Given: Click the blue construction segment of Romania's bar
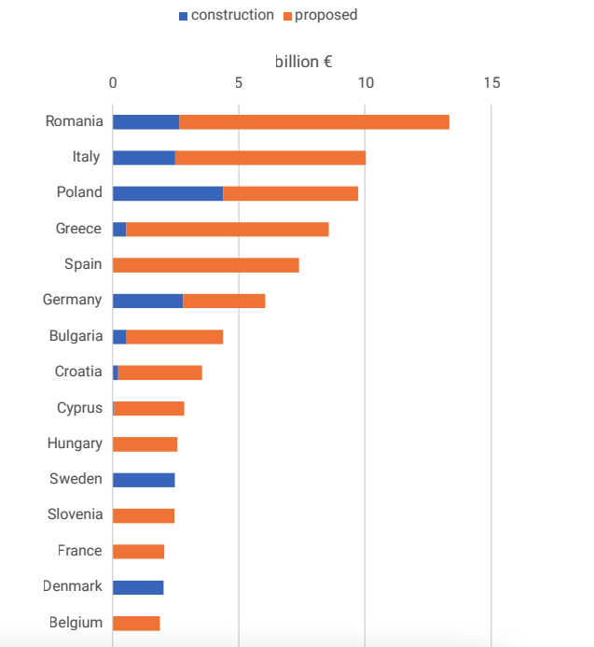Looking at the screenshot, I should point(145,122).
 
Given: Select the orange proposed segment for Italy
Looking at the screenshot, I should point(270,158).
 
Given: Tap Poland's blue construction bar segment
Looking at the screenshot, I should point(168,193).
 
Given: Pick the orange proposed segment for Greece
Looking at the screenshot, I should point(228,230).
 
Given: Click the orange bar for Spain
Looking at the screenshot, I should point(206,265).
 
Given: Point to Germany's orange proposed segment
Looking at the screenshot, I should point(224,301).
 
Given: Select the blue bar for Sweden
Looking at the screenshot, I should point(144,480).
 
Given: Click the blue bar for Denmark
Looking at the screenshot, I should point(138,587).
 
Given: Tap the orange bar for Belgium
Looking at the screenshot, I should point(136,623).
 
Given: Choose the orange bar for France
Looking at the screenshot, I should point(138,552).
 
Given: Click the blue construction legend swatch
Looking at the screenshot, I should point(183,16).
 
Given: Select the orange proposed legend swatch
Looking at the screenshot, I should point(287,16).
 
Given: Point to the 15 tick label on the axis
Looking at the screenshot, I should point(491,83).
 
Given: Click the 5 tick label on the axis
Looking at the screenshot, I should point(239,83).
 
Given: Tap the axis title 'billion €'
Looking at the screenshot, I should point(304,63).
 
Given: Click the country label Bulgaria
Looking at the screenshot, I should point(76,336).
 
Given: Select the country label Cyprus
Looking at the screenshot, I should point(79,408).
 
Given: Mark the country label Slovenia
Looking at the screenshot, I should point(75,515).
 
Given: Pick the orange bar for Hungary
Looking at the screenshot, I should point(145,444).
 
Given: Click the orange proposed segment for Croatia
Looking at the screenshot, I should point(159,373).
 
